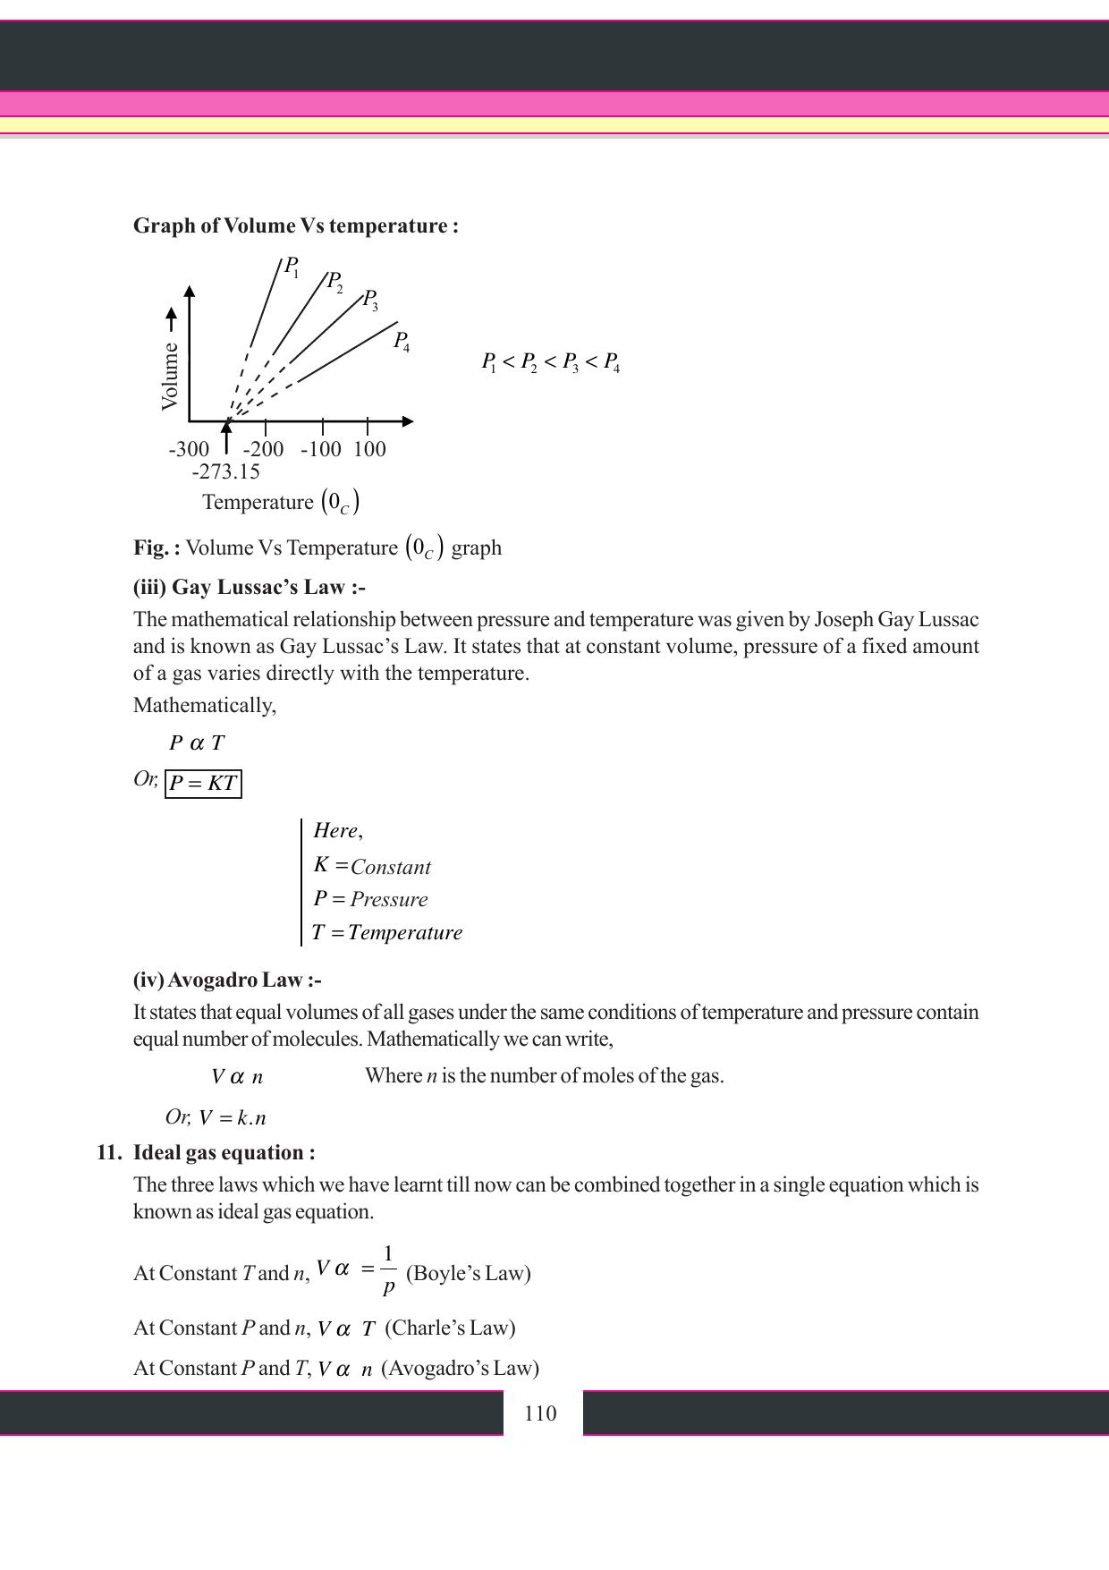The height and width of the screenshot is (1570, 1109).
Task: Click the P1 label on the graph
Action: point(291,267)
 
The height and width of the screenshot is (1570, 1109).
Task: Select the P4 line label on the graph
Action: point(402,341)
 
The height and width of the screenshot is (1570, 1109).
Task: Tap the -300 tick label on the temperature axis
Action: point(189,449)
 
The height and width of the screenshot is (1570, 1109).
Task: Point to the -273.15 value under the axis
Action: point(225,471)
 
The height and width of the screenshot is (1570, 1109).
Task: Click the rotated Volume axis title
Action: point(170,376)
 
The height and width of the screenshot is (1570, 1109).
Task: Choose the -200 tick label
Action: point(263,449)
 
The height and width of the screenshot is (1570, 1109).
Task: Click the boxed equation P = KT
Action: point(203,784)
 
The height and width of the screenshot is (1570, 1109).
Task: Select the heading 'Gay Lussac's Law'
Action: point(250,588)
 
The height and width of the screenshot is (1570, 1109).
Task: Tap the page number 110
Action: point(540,1413)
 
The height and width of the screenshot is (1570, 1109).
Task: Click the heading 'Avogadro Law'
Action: point(227,980)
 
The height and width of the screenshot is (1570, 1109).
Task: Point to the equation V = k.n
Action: point(233,1118)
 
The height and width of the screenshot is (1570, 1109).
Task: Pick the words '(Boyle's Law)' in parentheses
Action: point(468,1273)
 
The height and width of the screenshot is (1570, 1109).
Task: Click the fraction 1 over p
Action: point(388,1271)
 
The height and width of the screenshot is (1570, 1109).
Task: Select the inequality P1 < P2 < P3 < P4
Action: point(551,362)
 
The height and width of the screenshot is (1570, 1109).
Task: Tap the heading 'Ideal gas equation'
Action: point(224,1152)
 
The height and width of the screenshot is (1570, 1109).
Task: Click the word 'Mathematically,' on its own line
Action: point(205,706)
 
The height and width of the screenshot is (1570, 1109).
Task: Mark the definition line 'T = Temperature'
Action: point(387,933)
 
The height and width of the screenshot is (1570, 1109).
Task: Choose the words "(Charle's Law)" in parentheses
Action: point(450,1328)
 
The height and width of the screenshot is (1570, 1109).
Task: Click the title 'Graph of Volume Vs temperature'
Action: point(295,225)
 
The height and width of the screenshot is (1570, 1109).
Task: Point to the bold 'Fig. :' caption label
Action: point(157,547)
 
